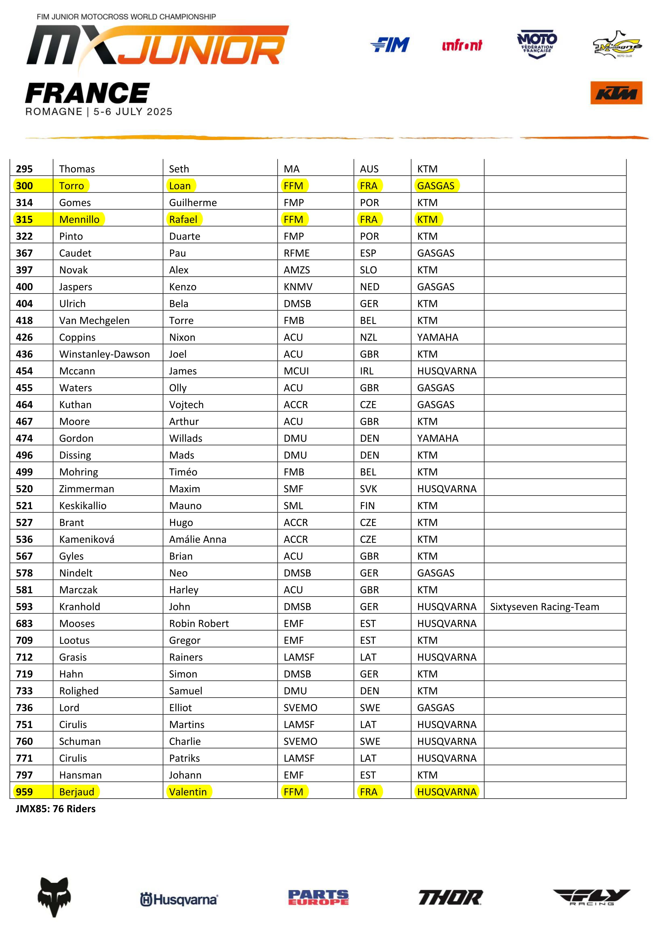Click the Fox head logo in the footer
tap(54, 897)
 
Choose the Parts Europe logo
tap(318, 897)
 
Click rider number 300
tap(24, 186)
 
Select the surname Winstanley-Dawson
tap(104, 354)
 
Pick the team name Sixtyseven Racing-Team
tap(544, 607)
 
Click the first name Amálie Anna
tap(198, 539)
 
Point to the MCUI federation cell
tap(296, 371)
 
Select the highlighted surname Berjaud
tap(77, 791)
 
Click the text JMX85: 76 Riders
tap(56, 809)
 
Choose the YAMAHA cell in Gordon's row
tap(437, 438)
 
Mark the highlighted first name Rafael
tap(183, 219)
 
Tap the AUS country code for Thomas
tap(369, 169)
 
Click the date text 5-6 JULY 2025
tap(133, 111)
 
